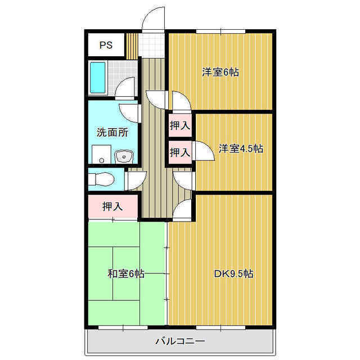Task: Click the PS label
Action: coord(106,46)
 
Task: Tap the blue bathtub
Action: coord(98,78)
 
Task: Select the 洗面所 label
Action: coord(112,133)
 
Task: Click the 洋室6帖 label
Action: coord(220,72)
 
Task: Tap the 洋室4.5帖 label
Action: coord(241,148)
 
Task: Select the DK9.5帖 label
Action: coord(233,274)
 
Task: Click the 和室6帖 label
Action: coord(126,274)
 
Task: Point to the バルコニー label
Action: coord(180,341)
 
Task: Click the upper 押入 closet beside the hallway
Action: coord(179,127)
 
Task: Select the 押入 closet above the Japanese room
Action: coord(112,206)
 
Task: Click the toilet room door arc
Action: coord(134,181)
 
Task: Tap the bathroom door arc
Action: coord(126,88)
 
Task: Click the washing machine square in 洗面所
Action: coord(100,154)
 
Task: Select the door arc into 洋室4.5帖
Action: coord(184,179)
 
